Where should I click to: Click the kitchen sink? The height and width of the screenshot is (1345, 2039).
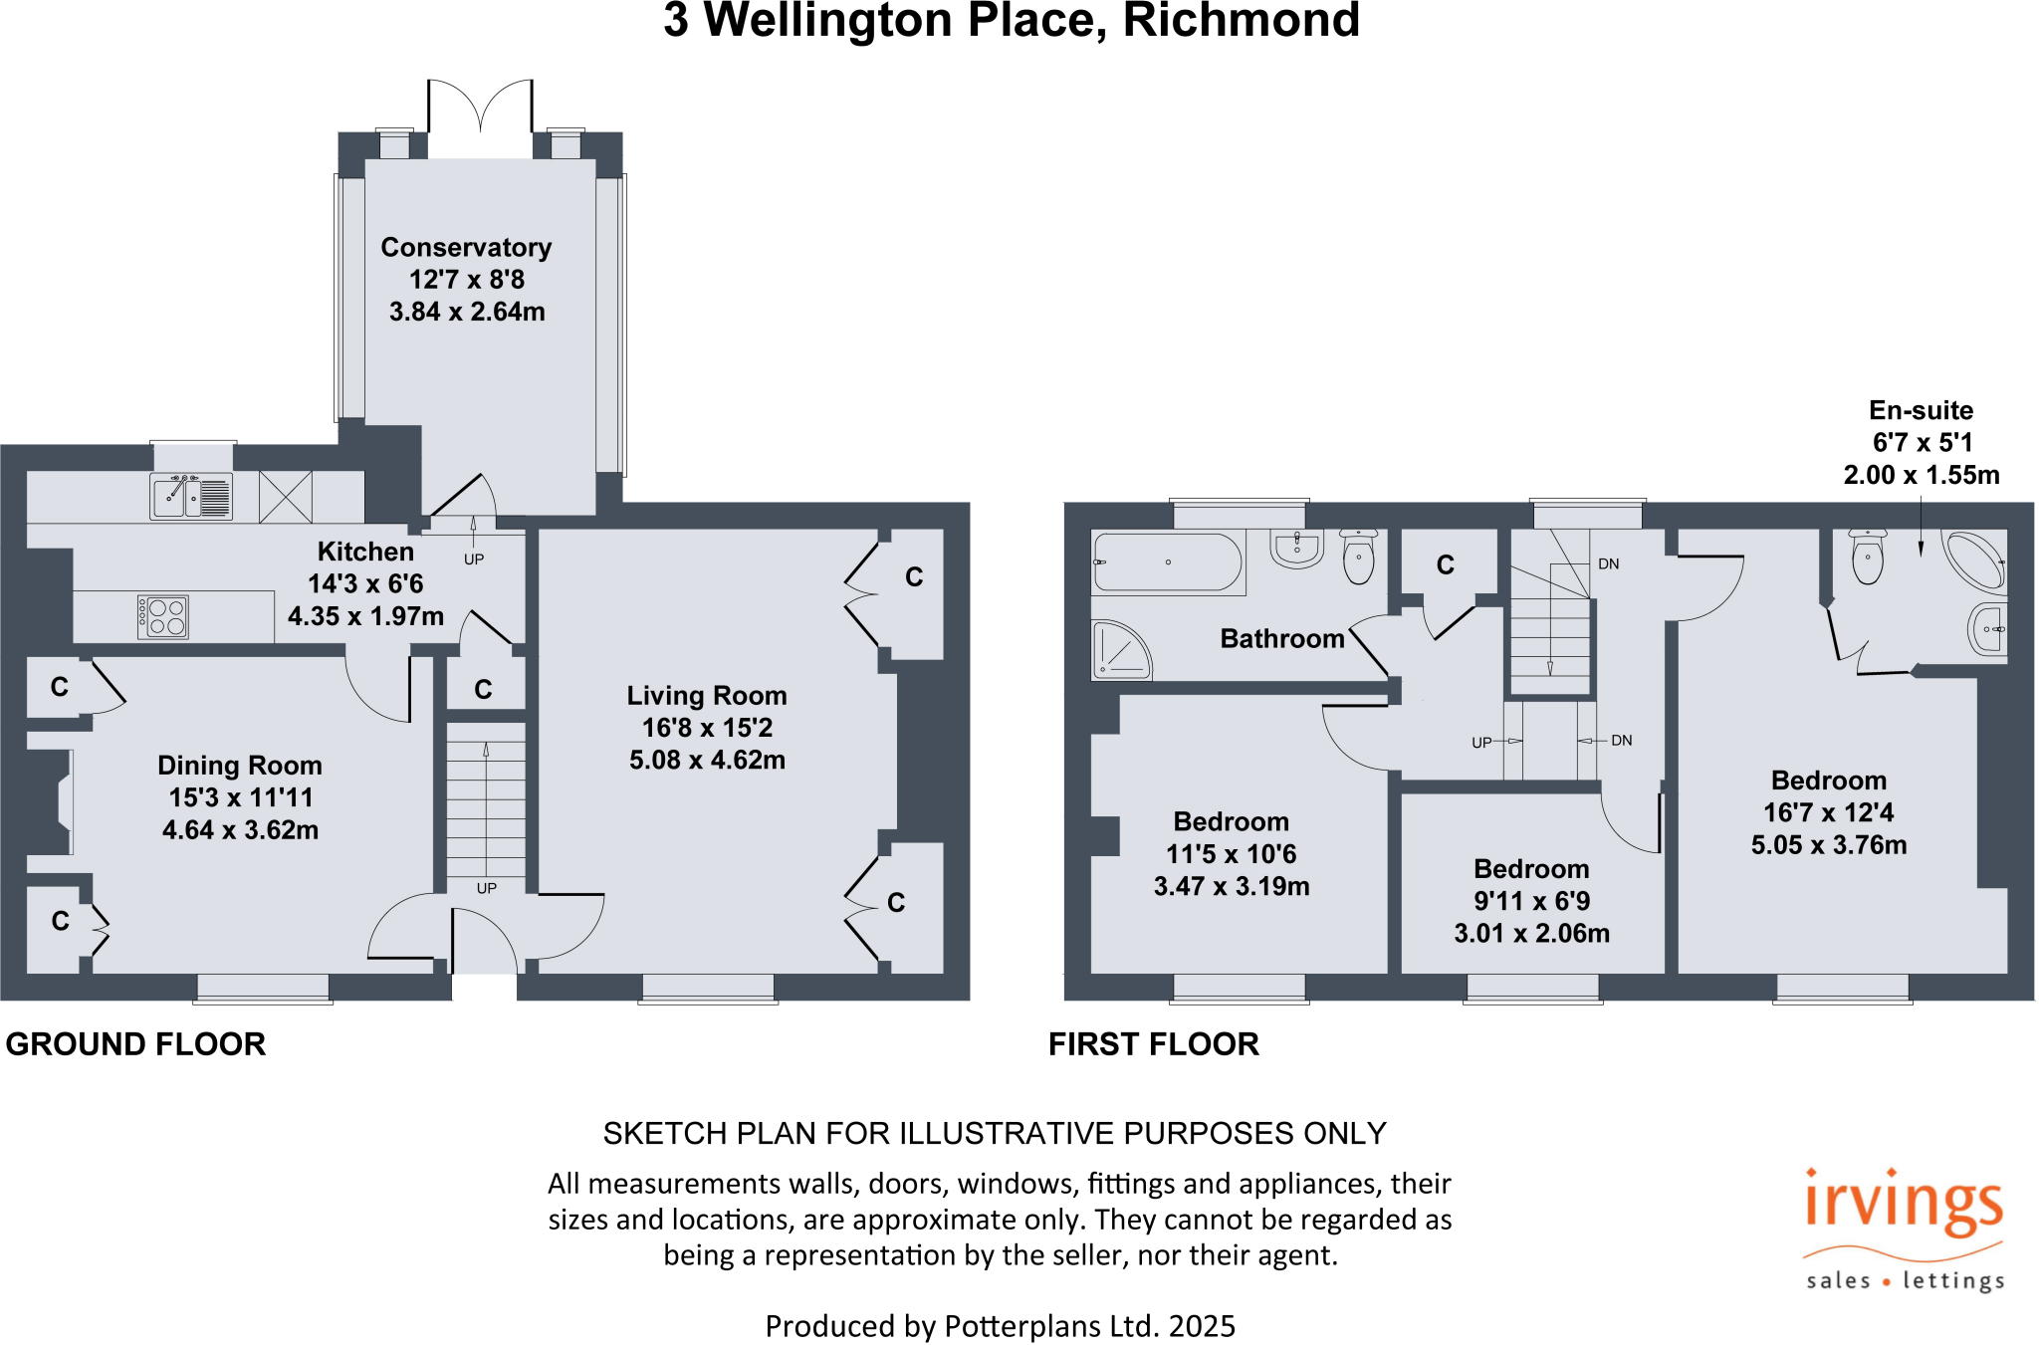tap(190, 496)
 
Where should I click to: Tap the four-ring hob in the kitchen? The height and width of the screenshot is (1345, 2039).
tap(162, 616)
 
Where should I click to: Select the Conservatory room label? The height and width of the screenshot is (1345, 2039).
tap(466, 247)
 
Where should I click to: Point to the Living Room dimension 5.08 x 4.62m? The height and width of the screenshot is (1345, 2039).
tap(707, 761)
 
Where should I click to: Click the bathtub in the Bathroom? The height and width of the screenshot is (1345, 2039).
tap(1168, 562)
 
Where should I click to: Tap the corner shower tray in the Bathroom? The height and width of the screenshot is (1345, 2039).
tap(1121, 651)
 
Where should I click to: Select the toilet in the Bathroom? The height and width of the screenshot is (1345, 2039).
tap(1358, 559)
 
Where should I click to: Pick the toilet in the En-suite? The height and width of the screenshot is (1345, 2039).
tap(1868, 558)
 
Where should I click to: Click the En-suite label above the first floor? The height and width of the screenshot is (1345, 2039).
tap(1921, 410)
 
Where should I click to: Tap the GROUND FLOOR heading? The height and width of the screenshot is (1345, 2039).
tap(135, 1043)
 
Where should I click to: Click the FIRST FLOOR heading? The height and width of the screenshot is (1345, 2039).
tap(1153, 1043)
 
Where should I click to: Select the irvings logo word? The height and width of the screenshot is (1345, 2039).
tap(1903, 1203)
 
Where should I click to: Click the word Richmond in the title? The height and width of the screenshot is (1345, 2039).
tap(1241, 20)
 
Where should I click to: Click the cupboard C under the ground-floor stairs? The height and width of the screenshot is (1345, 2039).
tap(484, 689)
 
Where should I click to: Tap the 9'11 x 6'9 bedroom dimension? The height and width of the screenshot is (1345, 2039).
tap(1531, 901)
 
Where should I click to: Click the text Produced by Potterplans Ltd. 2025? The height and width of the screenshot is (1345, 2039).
tap(1000, 1326)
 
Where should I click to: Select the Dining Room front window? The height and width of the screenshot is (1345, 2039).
tap(263, 988)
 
